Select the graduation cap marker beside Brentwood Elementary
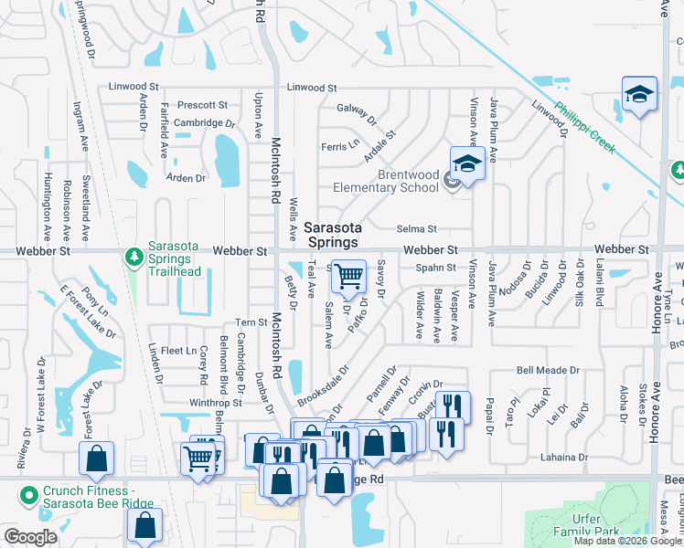coord(467,165)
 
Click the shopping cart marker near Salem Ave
coord(347,275)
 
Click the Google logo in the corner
coord(30,537)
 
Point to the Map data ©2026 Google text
coord(627,541)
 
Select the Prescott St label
coord(202,105)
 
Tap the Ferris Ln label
coord(339,145)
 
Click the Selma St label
coord(417,229)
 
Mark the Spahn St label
coord(435,268)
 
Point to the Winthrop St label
coord(215,402)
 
